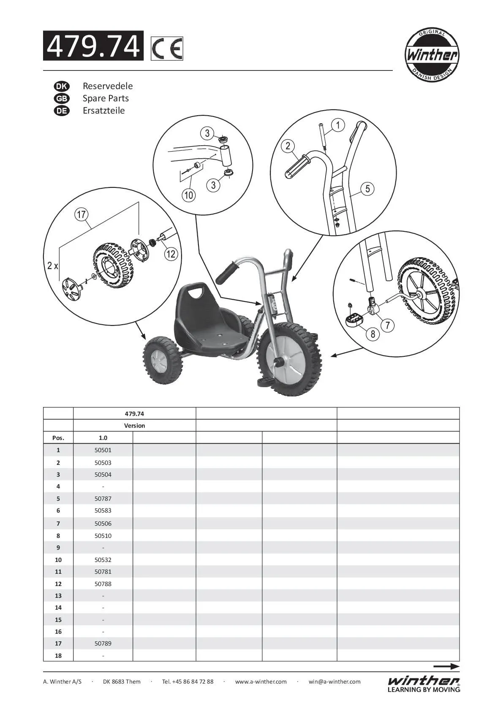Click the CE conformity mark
[x=167, y=49]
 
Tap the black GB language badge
[x=62, y=98]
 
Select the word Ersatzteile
[x=103, y=111]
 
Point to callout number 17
[x=81, y=214]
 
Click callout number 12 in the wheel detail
[x=171, y=254]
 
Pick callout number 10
[x=189, y=195]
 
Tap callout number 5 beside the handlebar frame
[x=367, y=189]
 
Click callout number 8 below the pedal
[x=373, y=334]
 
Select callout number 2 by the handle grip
[x=288, y=146]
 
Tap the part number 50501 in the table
[x=103, y=450]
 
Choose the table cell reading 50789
[x=103, y=643]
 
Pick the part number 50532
[x=103, y=560]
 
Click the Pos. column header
[x=58, y=438]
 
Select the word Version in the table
[x=134, y=426]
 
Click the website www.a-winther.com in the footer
[x=261, y=681]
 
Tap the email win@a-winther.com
[x=334, y=681]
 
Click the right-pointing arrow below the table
[x=446, y=667]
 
